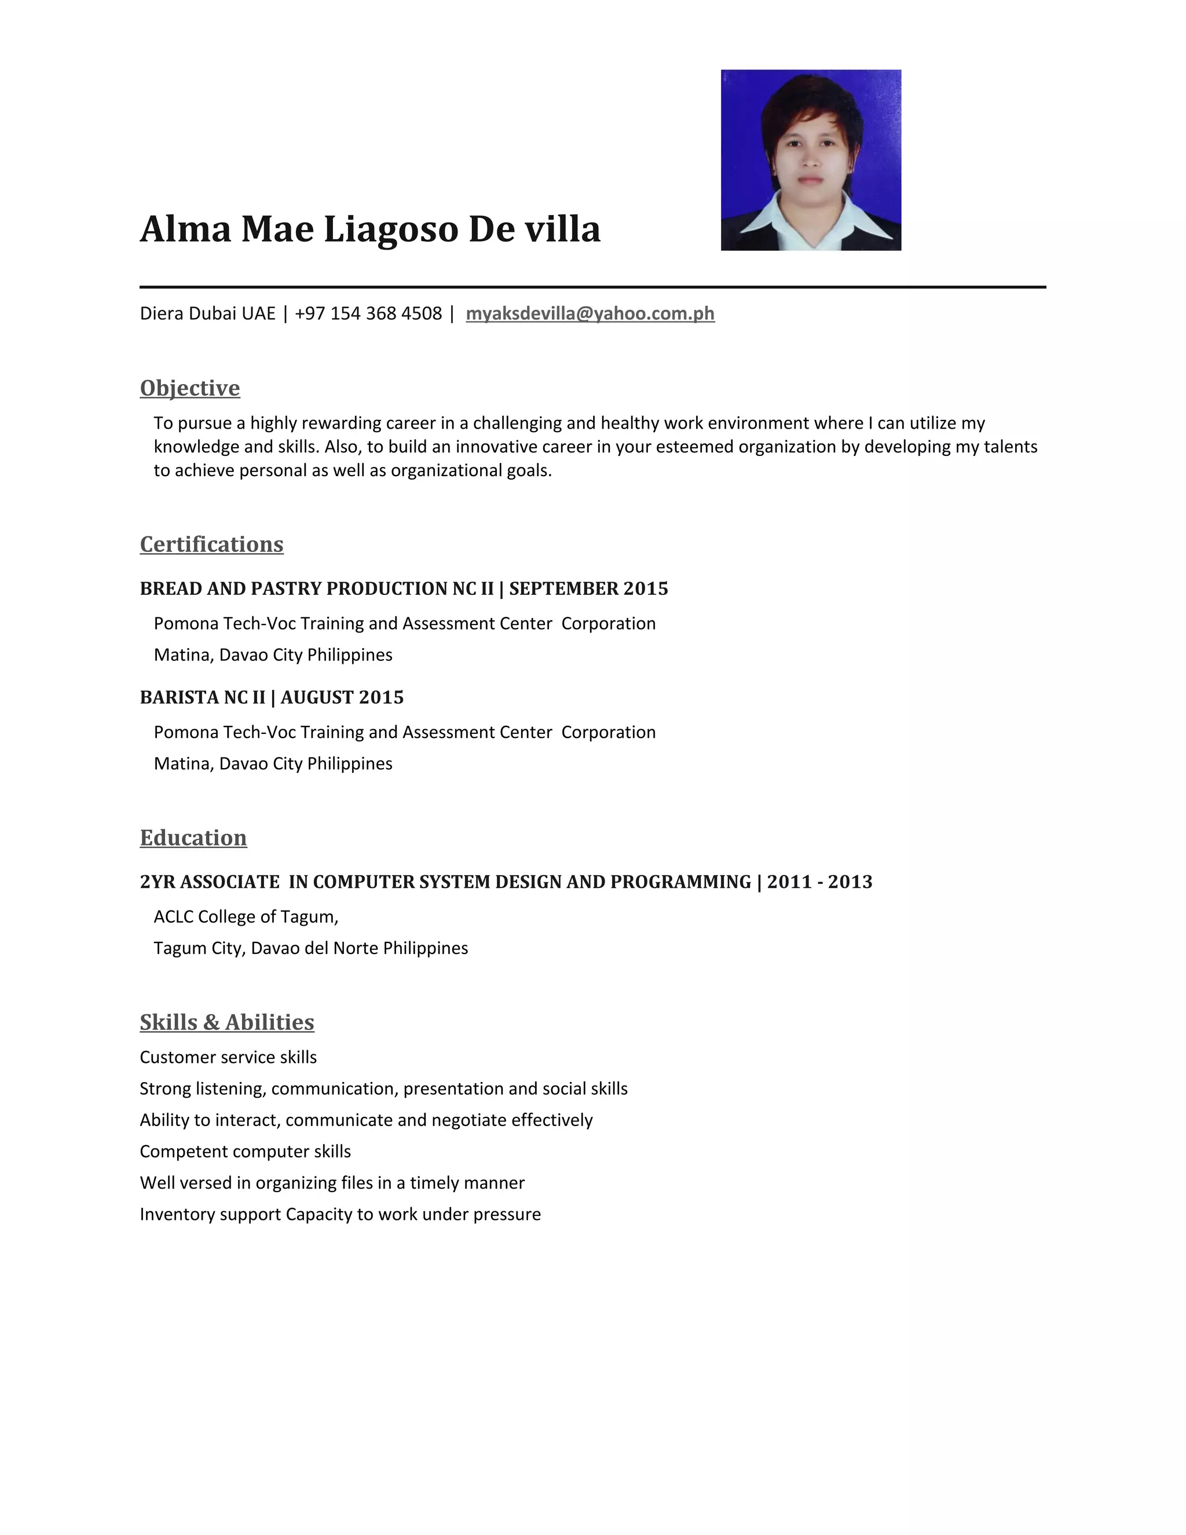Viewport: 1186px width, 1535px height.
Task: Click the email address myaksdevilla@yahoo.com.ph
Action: tap(590, 313)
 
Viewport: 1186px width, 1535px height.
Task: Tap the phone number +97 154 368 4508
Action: tap(368, 313)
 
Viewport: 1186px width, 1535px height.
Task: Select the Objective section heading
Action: tap(190, 388)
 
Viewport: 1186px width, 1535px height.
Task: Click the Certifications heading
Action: tap(211, 544)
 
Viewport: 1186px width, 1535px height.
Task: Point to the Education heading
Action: tap(193, 838)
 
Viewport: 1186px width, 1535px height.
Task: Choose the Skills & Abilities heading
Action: tap(227, 1022)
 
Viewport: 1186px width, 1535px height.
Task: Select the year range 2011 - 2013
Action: tap(819, 882)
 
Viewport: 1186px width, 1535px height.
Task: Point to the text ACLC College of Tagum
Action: tap(246, 916)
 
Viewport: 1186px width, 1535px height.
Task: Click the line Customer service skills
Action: tap(228, 1057)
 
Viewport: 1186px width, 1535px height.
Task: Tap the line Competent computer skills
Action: tap(245, 1152)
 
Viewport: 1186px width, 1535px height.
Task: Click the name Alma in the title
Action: tap(185, 229)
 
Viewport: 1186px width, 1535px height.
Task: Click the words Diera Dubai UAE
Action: tap(207, 313)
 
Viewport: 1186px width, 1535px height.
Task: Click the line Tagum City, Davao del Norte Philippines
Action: tap(310, 948)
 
